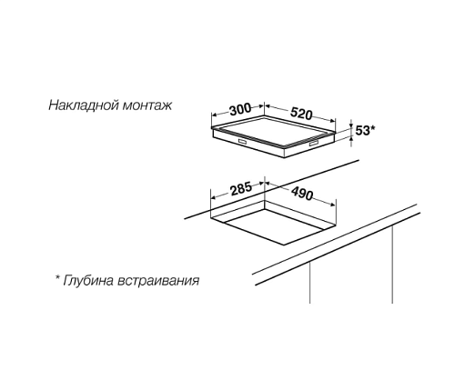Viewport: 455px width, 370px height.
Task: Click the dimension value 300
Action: point(240,109)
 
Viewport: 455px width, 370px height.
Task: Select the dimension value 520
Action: point(301,114)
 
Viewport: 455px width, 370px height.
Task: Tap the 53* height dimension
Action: point(365,131)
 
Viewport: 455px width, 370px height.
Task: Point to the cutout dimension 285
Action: point(241,189)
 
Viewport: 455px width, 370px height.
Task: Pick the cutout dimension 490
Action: point(302,194)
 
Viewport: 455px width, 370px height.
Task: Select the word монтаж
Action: point(147,105)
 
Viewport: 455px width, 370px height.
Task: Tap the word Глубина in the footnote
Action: point(88,280)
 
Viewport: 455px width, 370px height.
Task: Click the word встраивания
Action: point(158,281)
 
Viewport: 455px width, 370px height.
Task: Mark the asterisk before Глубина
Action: point(57,277)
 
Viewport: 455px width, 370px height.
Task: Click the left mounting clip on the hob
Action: point(243,141)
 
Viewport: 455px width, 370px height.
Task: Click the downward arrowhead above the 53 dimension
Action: point(351,125)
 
